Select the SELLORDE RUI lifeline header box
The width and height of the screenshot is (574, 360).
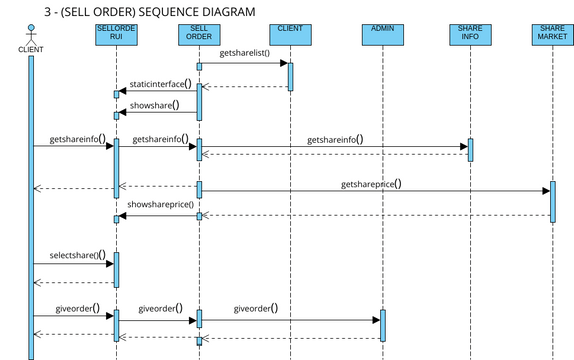click(x=116, y=35)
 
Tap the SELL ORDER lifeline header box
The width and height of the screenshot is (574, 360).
click(x=199, y=35)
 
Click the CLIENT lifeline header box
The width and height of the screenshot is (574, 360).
click(x=290, y=35)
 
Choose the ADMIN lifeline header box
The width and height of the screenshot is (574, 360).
click(x=382, y=35)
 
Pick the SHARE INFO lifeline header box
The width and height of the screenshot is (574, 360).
click(x=470, y=35)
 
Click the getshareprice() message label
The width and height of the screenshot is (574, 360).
click(x=371, y=184)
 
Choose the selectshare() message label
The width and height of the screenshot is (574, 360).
click(x=77, y=256)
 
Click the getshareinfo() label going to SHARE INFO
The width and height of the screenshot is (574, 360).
click(x=335, y=140)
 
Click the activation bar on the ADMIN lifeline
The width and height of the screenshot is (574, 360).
click(x=382, y=324)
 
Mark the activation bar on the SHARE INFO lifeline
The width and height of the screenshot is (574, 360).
click(x=470, y=149)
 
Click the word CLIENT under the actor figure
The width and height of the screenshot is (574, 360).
click(x=30, y=48)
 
